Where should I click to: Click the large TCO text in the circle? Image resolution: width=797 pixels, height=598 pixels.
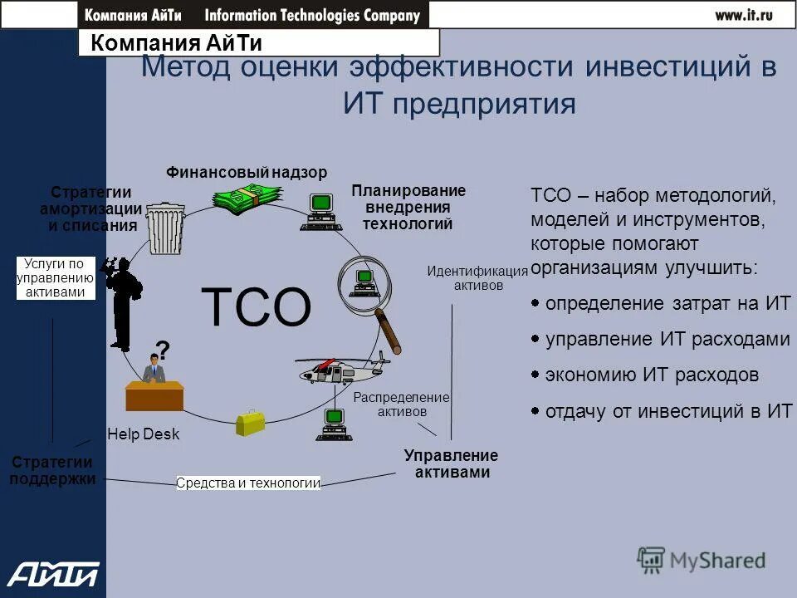coord(257,306)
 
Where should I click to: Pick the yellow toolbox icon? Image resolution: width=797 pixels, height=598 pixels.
coord(251,422)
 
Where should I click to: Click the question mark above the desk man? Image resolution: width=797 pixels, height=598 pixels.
coord(163,350)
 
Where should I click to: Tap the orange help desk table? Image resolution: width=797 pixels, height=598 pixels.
coord(155,395)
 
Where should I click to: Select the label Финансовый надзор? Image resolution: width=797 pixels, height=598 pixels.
coord(247,172)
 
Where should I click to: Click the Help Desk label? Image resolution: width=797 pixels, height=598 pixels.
coord(143,434)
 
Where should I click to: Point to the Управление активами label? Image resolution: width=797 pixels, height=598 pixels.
coord(451,464)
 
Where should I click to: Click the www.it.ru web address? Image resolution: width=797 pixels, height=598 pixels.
coord(744,14)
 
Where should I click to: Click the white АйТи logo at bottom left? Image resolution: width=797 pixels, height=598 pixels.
coord(52,573)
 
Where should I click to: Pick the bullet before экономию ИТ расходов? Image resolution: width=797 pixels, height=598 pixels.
coord(535,375)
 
